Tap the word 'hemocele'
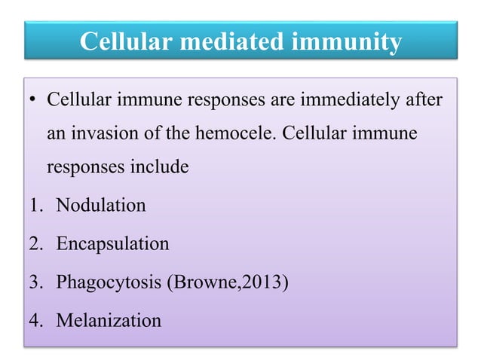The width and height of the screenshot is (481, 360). coord(231,133)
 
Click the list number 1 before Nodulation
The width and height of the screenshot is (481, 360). coord(33,205)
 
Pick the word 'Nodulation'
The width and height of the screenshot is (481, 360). coord(97,205)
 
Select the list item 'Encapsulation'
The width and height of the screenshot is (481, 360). coord(108,244)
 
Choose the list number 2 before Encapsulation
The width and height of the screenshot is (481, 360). coord(33,244)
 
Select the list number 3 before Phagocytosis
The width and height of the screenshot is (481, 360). coord(33,283)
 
